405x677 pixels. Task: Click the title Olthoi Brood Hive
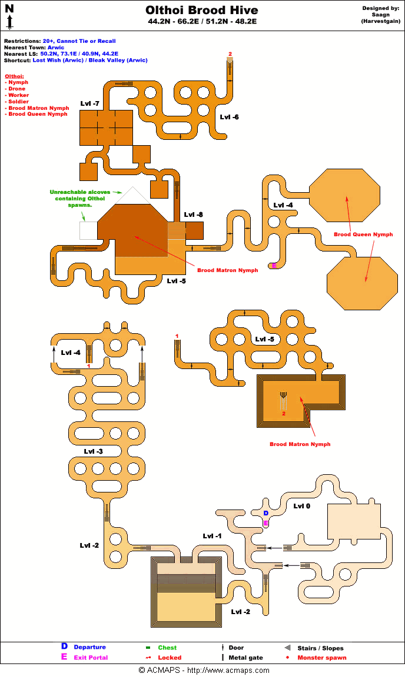tap(202, 11)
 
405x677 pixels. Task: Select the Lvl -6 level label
tap(229, 117)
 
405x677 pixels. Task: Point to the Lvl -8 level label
tap(193, 215)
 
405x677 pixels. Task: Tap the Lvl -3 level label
tap(93, 451)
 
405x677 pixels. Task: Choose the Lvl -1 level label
tap(212, 536)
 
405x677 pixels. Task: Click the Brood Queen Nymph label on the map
tap(363, 234)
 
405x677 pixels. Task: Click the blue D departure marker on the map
tap(266, 513)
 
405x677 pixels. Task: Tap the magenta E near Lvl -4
tap(274, 266)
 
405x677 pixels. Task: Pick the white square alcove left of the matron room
tap(88, 230)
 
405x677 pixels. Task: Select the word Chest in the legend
tap(167, 648)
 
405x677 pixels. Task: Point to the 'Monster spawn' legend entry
tap(321, 658)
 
